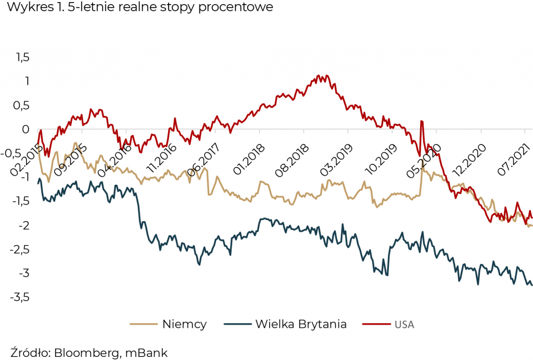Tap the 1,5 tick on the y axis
point(20,57)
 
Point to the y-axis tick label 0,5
point(20,106)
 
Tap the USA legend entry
point(404,325)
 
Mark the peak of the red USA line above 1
point(320,76)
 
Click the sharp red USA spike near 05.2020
point(421,121)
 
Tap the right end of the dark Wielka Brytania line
point(531,285)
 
